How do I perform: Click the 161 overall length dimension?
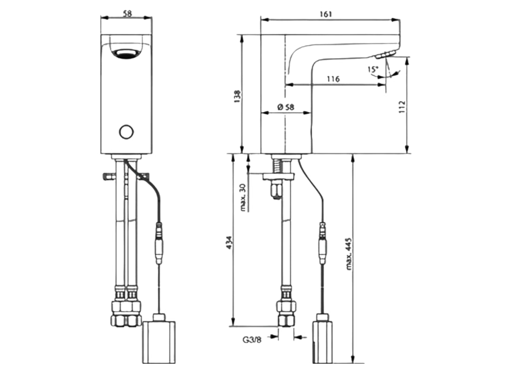(326, 14)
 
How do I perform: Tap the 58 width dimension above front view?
(126, 14)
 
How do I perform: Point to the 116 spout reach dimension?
(333, 79)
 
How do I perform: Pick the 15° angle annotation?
(373, 69)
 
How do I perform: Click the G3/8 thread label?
(252, 340)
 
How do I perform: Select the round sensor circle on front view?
(126, 132)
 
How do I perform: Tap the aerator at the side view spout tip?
(384, 55)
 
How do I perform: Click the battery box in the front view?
(160, 342)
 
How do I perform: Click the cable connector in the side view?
(323, 242)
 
